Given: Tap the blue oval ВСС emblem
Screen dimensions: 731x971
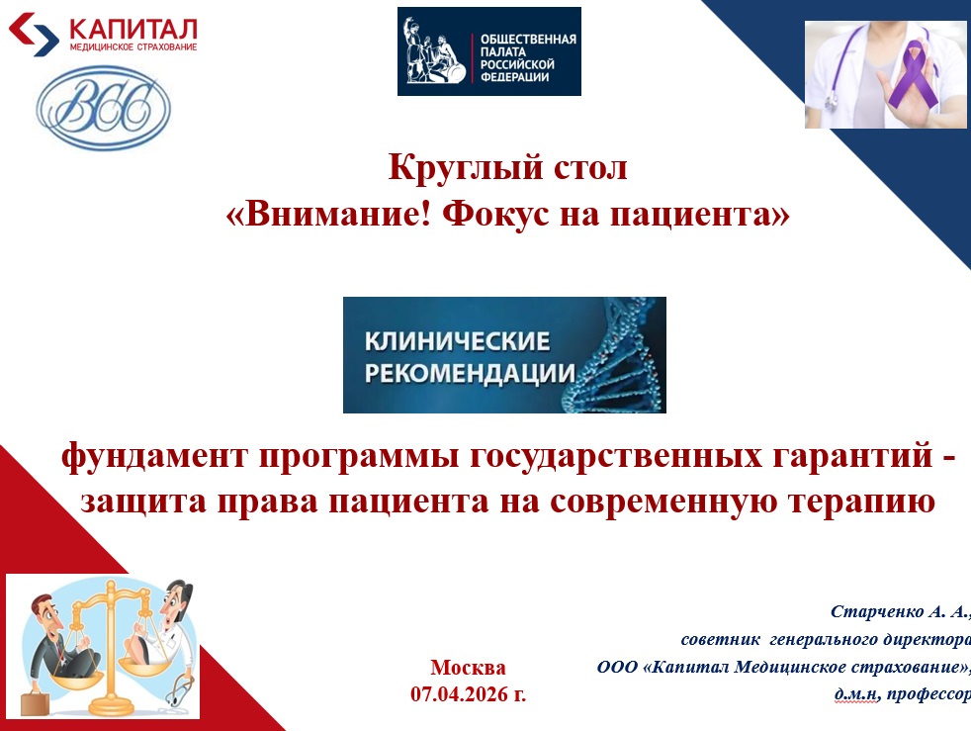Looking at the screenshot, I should tap(103, 107).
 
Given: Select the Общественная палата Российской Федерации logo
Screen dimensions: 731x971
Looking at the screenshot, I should tap(488, 51).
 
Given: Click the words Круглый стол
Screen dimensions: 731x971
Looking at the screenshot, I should tap(507, 167).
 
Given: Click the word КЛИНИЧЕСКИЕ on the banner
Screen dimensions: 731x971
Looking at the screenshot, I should tap(457, 342).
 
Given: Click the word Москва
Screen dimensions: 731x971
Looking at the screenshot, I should tap(468, 667).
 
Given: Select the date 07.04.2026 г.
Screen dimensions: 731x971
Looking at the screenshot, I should tap(468, 694).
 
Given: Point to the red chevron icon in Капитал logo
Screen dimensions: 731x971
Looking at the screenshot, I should tap(35, 33).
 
